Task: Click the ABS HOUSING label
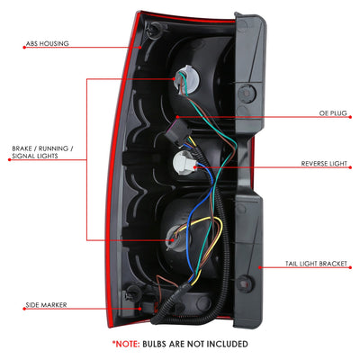[x=48, y=43]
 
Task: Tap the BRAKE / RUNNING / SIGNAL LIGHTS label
[x=42, y=152]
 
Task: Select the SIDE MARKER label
[x=46, y=305]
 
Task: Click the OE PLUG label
[x=333, y=113]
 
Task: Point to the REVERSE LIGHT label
[x=324, y=164]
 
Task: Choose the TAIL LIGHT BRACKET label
[x=316, y=264]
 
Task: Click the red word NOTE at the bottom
[x=126, y=344]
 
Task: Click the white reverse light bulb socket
[x=184, y=162]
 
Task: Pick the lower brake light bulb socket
[x=178, y=238]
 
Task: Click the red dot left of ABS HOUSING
[x=24, y=48]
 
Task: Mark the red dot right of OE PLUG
[x=350, y=117]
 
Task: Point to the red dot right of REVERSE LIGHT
[x=350, y=167]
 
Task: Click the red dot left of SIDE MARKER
[x=24, y=309]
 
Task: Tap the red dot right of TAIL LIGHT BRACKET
[x=350, y=267]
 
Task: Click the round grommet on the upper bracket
[x=247, y=94]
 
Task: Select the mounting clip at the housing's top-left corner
[x=156, y=29]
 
